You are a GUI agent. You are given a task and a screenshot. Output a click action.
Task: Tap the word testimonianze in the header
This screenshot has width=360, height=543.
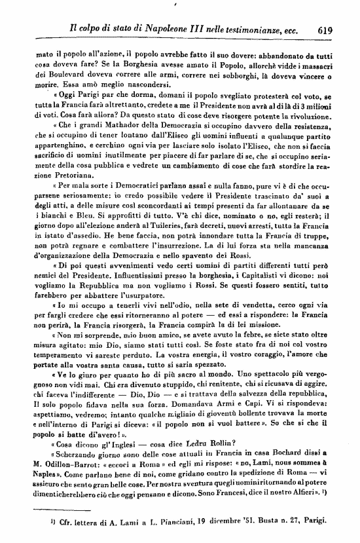coord(253,29)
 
